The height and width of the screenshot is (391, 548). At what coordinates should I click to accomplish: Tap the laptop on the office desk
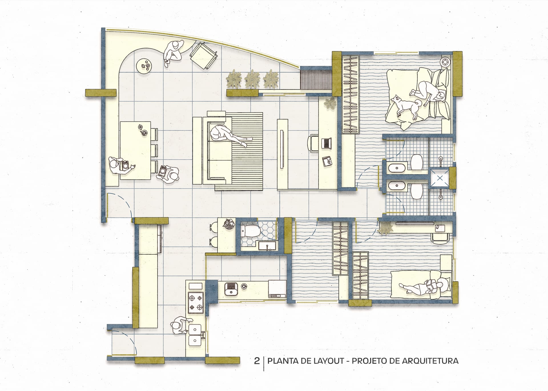click(326, 143)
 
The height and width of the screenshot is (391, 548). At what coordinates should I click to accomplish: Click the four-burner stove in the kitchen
click(196, 303)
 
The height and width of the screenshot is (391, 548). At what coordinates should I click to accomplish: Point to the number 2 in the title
click(257, 361)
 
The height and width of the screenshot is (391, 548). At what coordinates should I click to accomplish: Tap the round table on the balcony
click(145, 66)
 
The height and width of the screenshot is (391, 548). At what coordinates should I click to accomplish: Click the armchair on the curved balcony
click(204, 55)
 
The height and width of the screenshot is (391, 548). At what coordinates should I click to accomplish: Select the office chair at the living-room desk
click(313, 143)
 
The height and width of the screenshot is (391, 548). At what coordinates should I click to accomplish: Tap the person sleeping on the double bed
click(428, 93)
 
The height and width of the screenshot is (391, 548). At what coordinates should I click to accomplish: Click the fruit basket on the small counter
click(228, 224)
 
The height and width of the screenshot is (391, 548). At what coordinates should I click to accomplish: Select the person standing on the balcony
click(173, 53)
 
